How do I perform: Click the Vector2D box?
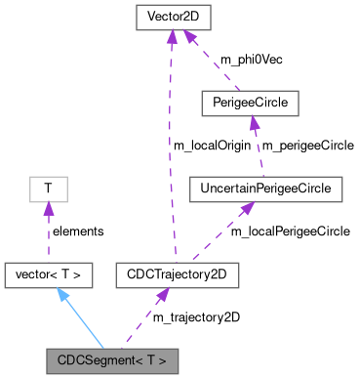point(172,17)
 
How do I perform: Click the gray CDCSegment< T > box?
point(112,360)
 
